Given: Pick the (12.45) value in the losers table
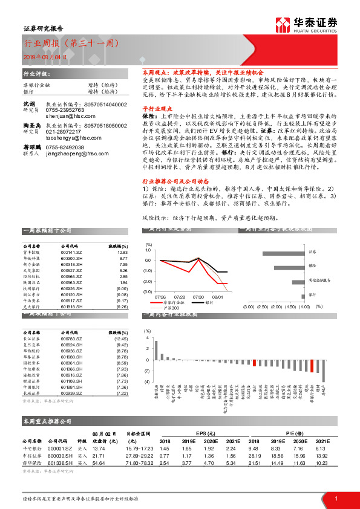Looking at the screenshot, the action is coord(121,339).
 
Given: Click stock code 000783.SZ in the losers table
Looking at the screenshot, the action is coord(71,339).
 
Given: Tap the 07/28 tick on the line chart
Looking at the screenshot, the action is coord(180,297).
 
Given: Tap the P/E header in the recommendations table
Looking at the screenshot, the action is coord(292,434).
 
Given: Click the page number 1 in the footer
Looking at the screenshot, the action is coord(335,498).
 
